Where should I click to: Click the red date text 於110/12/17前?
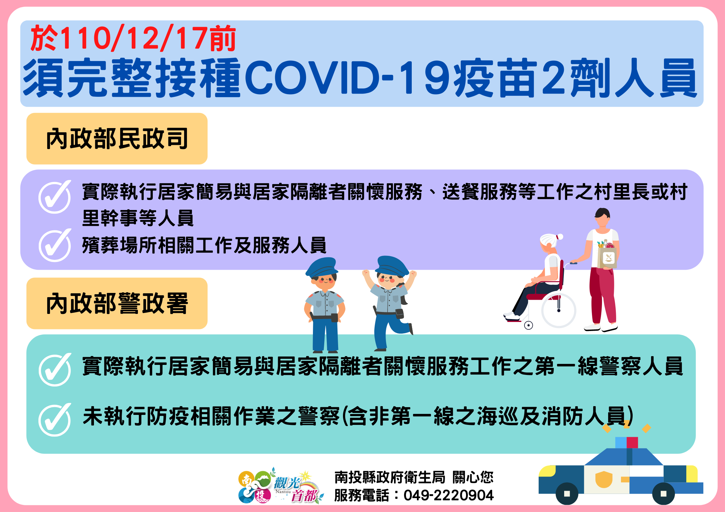coord(133,38)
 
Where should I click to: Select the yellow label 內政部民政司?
coord(117,139)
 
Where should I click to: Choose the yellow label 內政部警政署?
coord(117,303)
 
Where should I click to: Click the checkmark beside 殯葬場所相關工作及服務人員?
coord(55,245)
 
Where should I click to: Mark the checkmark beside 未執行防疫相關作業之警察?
coord(55,420)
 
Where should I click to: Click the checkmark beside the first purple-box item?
coord(55,197)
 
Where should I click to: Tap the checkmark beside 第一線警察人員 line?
coord(55,370)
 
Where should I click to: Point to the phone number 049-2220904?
coord(449,495)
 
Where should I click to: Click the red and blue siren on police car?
coord(627,442)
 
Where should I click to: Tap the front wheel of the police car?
coord(567,494)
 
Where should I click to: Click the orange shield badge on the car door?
coord(604,479)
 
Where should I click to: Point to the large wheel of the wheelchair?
coord(559,310)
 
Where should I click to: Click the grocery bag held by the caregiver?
coord(607,255)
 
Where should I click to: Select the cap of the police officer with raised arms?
coord(391,266)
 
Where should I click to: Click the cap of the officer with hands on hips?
coord(322,267)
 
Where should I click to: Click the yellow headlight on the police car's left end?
coord(547,471)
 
